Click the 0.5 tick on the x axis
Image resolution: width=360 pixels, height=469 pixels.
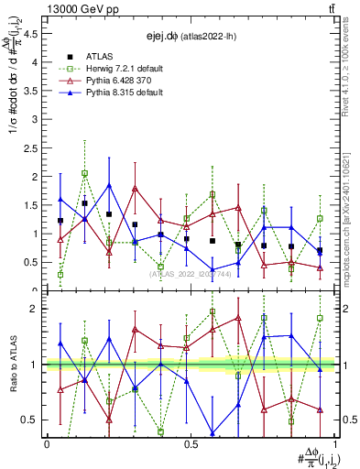pyautogui.click(x=191, y=444)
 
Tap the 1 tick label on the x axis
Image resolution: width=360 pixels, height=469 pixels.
pyautogui.click(x=334, y=444)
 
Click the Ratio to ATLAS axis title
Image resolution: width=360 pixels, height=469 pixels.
pyautogui.click(x=13, y=364)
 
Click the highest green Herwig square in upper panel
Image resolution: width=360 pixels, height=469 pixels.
pyautogui.click(x=84, y=172)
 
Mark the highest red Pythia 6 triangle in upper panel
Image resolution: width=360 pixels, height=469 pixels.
pyautogui.click(x=136, y=189)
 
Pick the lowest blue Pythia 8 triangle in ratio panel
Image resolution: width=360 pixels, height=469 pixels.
pyautogui.click(x=213, y=433)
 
